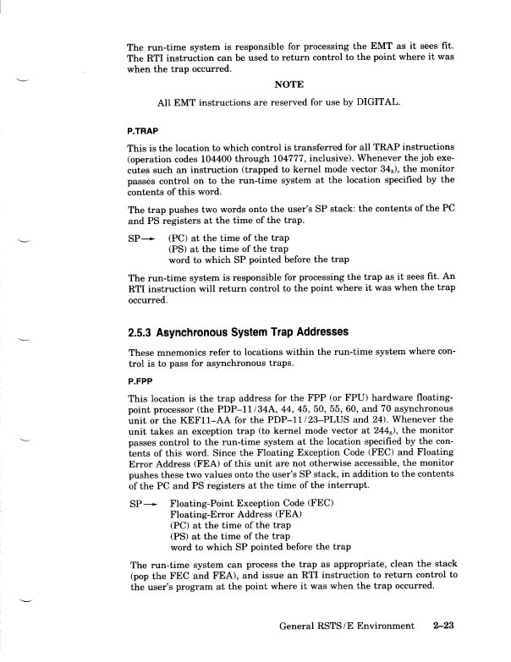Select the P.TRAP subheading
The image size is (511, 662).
pyautogui.click(x=144, y=131)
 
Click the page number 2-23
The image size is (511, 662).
pyautogui.click(x=442, y=626)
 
